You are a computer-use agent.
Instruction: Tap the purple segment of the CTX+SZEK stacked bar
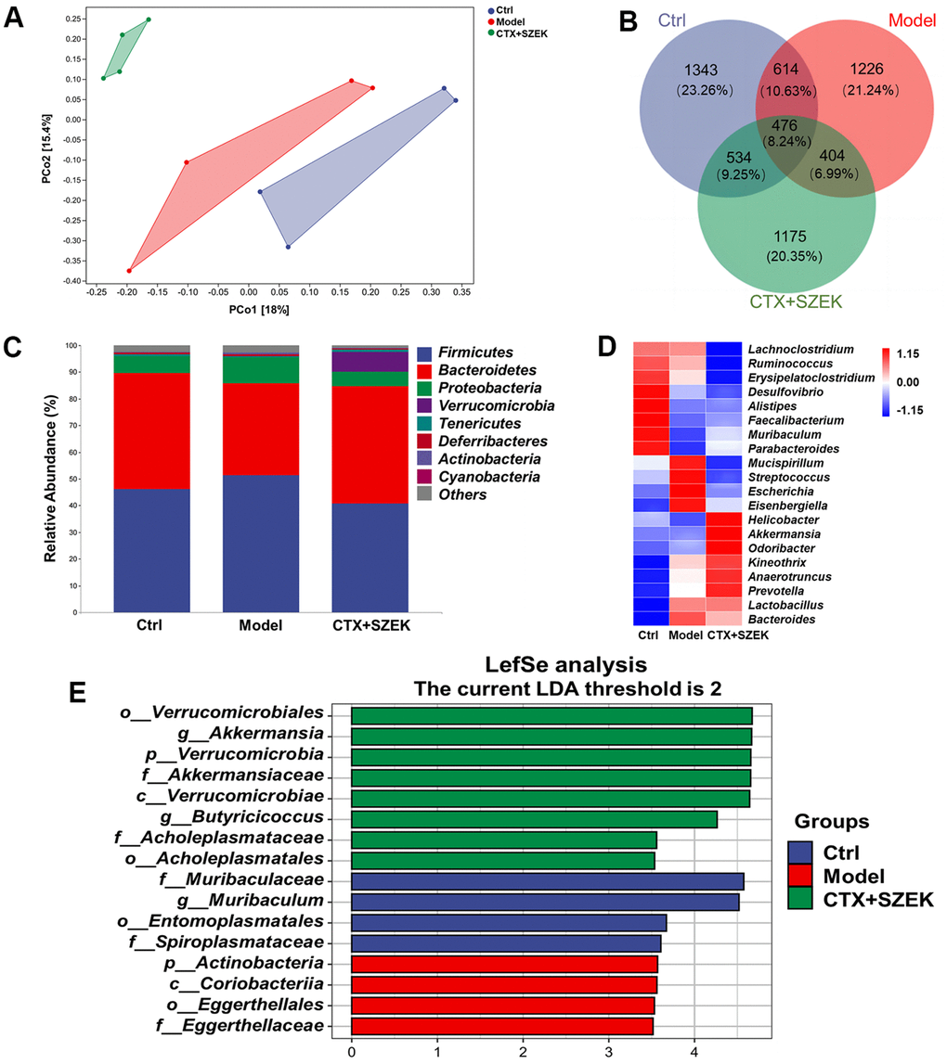coord(370,362)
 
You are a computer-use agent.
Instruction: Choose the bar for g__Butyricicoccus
coord(534,819)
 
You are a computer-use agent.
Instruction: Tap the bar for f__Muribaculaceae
coord(547,879)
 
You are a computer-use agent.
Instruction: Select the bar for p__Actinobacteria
coord(504,964)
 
